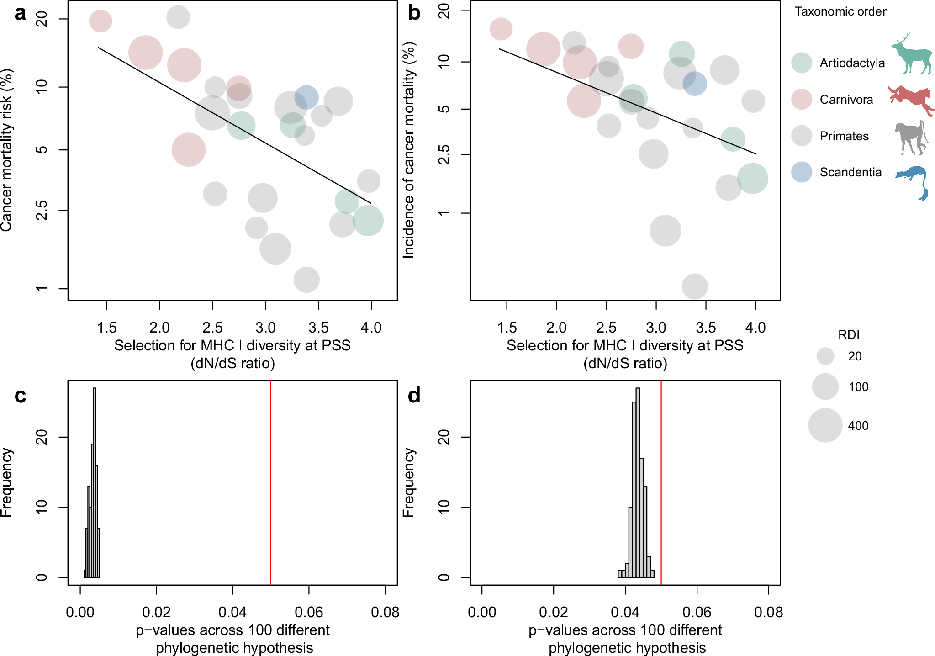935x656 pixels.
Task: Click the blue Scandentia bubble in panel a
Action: (306, 97)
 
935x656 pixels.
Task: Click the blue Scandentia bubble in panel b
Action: (694, 84)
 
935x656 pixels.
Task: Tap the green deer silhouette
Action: (912, 54)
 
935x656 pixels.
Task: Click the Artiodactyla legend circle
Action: (802, 63)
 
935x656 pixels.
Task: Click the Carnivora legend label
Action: (846, 100)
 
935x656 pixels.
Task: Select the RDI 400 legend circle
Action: (825, 425)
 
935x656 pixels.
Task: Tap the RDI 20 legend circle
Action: (825, 356)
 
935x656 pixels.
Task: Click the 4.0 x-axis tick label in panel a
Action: (371, 328)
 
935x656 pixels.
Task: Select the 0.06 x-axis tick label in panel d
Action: (697, 612)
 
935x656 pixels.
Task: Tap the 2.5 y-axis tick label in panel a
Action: (42, 210)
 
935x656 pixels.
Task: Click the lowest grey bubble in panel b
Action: (694, 286)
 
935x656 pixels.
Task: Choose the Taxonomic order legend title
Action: (840, 11)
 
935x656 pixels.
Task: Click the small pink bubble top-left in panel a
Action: (100, 21)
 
